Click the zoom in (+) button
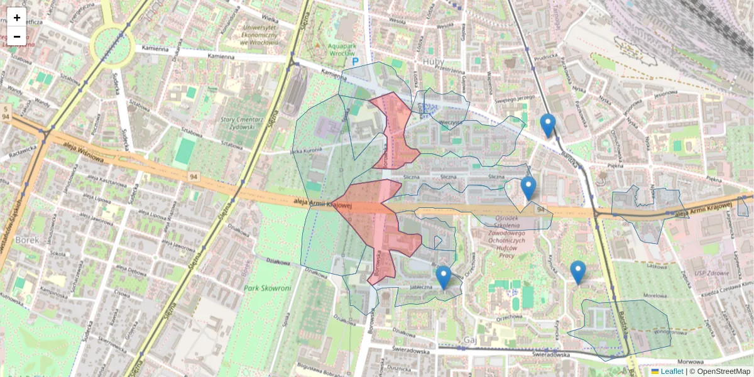(x=17, y=18)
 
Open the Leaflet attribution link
(x=672, y=371)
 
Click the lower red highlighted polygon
(x=377, y=220)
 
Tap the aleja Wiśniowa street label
(x=83, y=151)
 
